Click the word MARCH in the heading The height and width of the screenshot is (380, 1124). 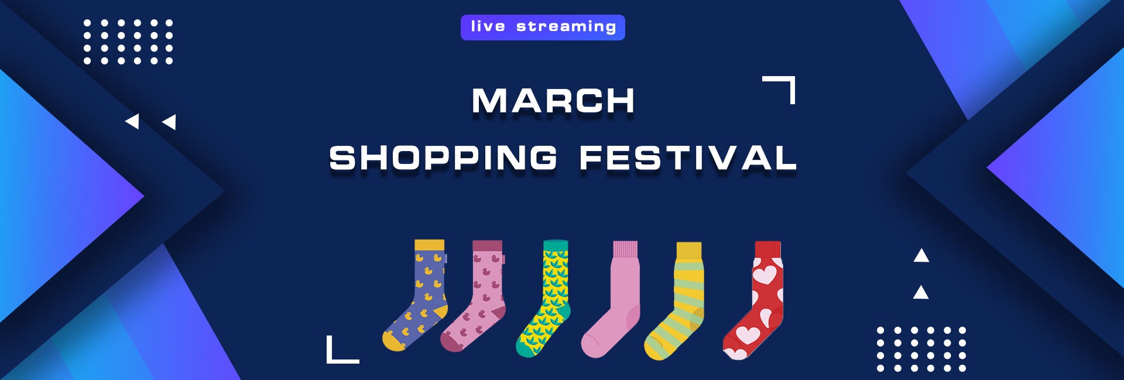click(553, 101)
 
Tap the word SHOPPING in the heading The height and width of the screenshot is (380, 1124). click(443, 158)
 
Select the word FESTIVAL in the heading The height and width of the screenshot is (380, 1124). click(688, 158)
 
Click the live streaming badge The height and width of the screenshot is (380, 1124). click(543, 28)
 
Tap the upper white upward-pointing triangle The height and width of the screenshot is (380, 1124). click(921, 255)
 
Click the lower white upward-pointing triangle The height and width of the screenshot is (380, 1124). click(921, 292)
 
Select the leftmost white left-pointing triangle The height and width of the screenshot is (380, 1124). click(133, 121)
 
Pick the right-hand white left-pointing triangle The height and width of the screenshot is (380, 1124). click(170, 122)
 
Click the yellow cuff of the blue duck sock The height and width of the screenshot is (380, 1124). click(430, 245)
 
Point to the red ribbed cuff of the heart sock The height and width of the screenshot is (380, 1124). click(768, 249)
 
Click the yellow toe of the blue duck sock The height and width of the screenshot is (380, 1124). click(393, 341)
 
